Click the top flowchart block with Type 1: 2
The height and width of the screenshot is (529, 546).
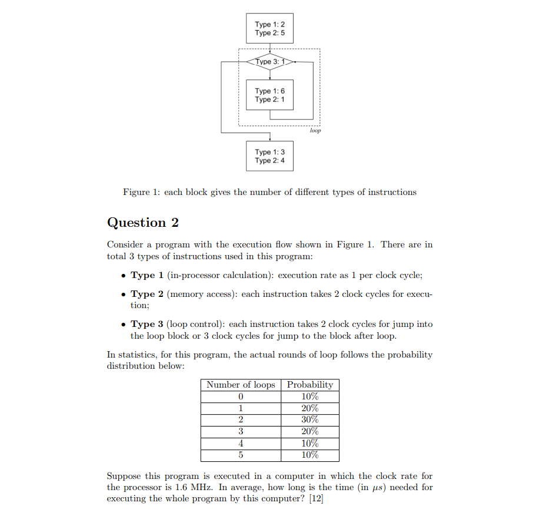tap(269, 29)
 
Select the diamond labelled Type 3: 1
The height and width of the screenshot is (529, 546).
tap(269, 62)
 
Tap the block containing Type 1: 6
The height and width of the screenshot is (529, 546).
tap(269, 95)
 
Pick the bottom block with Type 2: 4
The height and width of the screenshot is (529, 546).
tap(269, 156)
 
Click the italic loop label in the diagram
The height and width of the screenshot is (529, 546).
tap(315, 131)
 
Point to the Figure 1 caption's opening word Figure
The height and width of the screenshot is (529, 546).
tap(136, 192)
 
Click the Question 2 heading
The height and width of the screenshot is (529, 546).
tap(142, 223)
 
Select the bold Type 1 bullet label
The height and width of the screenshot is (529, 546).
tap(143, 275)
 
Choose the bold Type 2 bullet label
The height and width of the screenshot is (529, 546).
tap(143, 294)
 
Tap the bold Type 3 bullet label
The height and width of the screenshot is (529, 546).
tap(143, 324)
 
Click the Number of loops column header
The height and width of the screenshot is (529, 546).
tap(241, 385)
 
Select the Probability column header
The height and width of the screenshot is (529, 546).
tap(310, 385)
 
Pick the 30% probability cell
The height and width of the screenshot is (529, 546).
tap(310, 420)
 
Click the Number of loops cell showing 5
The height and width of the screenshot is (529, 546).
tap(241, 455)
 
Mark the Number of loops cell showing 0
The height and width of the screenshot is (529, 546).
tap(241, 396)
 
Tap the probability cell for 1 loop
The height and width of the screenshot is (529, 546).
tap(310, 408)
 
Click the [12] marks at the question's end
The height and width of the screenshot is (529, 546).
tap(316, 499)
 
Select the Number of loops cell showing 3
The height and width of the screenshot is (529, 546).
tap(241, 432)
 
